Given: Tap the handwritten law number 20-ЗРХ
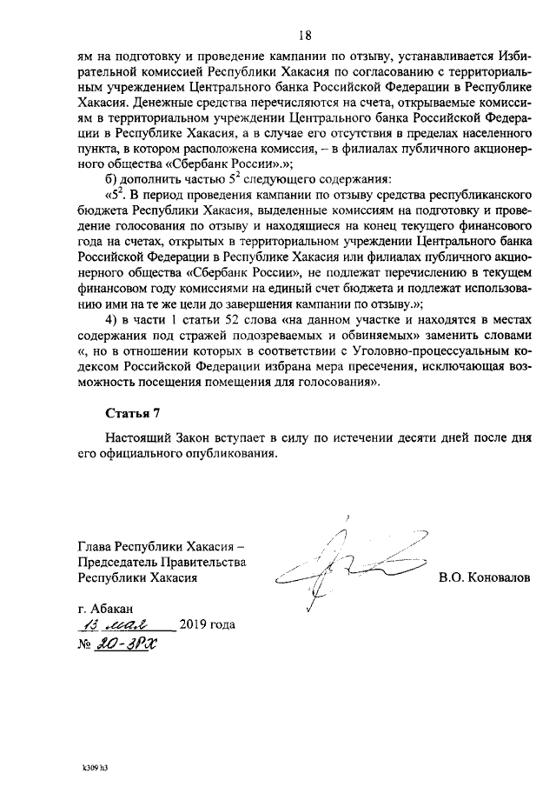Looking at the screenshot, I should (121, 645).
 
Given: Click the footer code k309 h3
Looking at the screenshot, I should (94, 768).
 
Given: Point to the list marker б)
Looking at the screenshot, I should (112, 178).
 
